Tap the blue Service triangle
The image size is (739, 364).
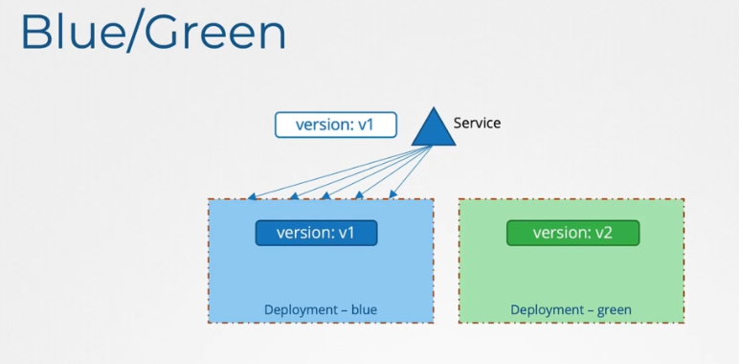coord(434,130)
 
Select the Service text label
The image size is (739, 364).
coord(477,123)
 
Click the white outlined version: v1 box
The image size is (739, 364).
coord(335,125)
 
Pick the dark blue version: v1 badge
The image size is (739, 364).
coord(316,233)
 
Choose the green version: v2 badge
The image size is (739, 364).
coord(571,233)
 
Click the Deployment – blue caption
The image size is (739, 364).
coord(320,309)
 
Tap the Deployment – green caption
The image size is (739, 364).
coord(571,309)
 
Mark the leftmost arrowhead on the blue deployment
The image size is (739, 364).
coord(251,196)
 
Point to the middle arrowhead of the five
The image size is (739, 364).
coord(325,196)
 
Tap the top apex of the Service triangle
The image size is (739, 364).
coord(434,109)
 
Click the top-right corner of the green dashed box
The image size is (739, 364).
coord(683,200)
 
